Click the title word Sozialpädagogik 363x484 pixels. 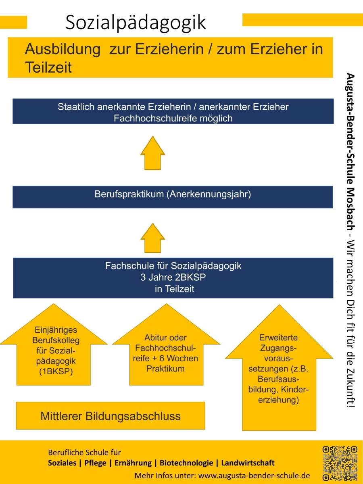pyautogui.click(x=136, y=23)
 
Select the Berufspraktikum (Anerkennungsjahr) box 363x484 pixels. pyautogui.click(x=173, y=196)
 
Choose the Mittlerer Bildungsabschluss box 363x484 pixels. pyautogui.click(x=111, y=415)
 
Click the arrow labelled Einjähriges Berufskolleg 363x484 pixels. pyautogui.click(x=54, y=351)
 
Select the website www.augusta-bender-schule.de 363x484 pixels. pyautogui.click(x=254, y=475)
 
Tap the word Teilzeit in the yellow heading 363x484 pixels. pyautogui.click(x=48, y=67)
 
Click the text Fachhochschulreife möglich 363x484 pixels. pyautogui.click(x=173, y=118)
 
